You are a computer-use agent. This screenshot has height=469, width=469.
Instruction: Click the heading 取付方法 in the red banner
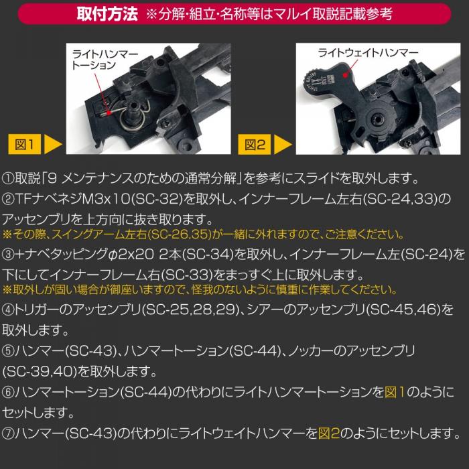click(x=108, y=13)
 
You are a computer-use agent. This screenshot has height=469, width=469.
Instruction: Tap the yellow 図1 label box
click(x=26, y=144)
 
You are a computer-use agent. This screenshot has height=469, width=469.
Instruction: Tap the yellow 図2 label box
click(x=257, y=144)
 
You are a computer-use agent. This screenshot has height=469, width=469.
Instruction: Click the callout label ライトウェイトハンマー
click(x=368, y=53)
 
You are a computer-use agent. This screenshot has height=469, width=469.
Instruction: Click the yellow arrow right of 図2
click(x=284, y=144)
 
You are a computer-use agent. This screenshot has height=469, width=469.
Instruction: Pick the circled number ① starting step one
click(x=9, y=180)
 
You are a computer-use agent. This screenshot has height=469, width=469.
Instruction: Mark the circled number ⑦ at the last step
click(x=9, y=433)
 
